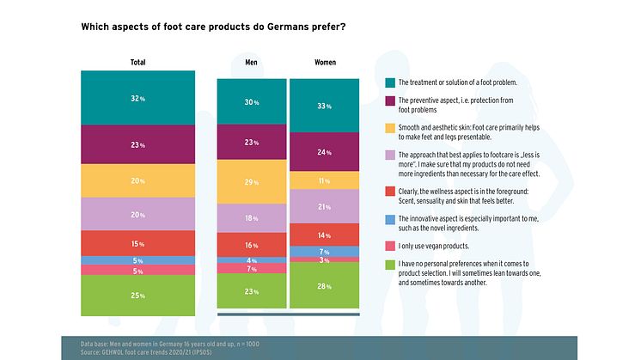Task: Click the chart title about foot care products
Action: point(214,27)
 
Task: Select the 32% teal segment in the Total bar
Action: point(137,98)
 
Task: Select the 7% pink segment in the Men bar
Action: point(251,268)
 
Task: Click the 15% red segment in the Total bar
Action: point(137,243)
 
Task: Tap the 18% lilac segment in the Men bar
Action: point(251,218)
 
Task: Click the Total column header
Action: point(137,63)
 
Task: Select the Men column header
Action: point(251,63)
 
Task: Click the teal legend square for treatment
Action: point(390,82)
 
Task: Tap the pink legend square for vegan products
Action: point(390,245)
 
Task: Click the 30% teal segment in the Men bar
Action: point(251,103)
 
